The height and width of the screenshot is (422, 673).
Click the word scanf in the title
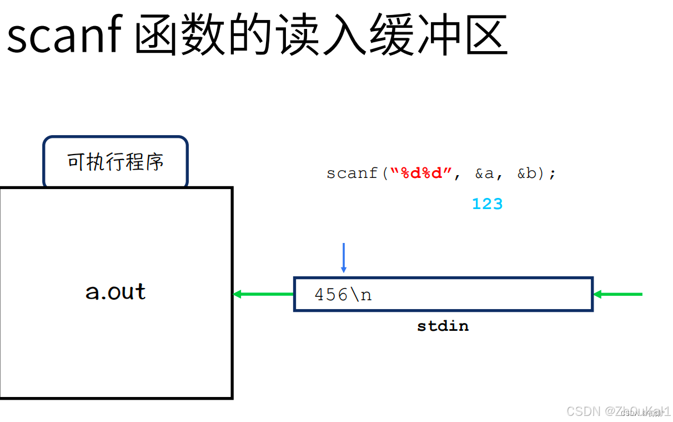64,35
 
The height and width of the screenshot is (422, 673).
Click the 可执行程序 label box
115,162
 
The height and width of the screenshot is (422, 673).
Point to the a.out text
115,291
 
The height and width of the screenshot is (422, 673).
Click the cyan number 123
487,204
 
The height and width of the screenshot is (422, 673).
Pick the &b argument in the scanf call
530,173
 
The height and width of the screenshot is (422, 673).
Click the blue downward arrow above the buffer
344,257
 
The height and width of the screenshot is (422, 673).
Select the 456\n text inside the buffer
343,294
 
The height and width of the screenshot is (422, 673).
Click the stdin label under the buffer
443,326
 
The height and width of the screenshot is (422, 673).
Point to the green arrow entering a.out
263,294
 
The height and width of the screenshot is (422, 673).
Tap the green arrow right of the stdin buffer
617,294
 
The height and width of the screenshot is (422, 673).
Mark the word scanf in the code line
351,173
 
